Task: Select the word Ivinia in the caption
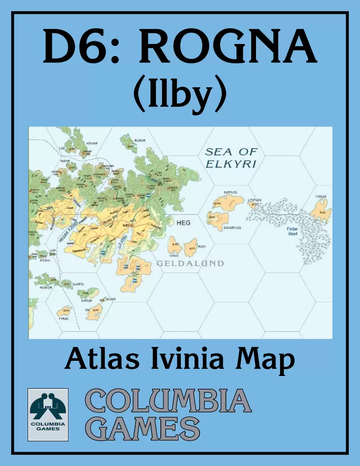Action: pos(188,359)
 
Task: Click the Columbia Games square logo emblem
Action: pos(48,414)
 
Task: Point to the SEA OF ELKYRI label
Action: pos(231,158)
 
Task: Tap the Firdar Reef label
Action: pos(293,231)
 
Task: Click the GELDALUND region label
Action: pos(190,263)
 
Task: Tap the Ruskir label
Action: pos(140,140)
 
